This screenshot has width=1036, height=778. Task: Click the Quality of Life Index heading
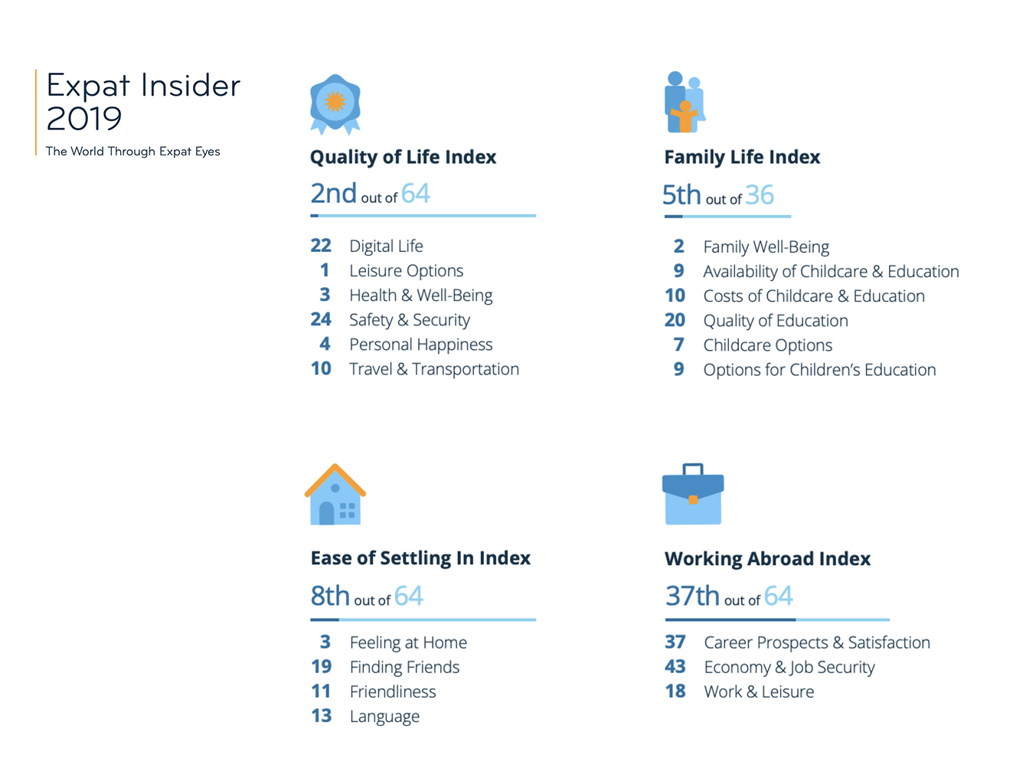(x=403, y=157)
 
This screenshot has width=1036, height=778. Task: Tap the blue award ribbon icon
(x=335, y=104)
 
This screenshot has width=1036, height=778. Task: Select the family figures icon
(x=685, y=102)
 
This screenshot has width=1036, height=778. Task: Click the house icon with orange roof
(x=335, y=494)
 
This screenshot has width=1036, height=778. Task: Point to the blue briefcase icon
(x=693, y=494)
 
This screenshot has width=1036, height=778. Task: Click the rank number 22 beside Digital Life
(x=321, y=245)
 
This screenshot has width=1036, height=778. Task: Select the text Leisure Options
(x=407, y=271)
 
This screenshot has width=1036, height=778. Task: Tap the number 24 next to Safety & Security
(x=321, y=319)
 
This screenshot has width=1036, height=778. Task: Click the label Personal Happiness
(x=421, y=345)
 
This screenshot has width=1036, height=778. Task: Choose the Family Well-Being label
(x=766, y=247)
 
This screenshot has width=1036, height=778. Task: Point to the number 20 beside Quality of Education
(x=675, y=320)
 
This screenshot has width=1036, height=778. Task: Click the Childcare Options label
(x=768, y=345)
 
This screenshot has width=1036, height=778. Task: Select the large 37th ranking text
(x=692, y=596)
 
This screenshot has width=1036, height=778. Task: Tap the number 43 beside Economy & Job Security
(x=675, y=667)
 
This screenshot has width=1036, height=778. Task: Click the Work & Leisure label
(x=759, y=691)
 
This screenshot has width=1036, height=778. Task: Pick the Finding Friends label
(x=404, y=667)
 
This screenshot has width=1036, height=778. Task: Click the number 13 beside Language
(x=322, y=716)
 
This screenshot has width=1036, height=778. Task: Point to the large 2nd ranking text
(x=333, y=194)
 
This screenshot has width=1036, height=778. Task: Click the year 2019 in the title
(x=84, y=119)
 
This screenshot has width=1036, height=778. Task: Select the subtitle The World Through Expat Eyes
(x=132, y=152)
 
